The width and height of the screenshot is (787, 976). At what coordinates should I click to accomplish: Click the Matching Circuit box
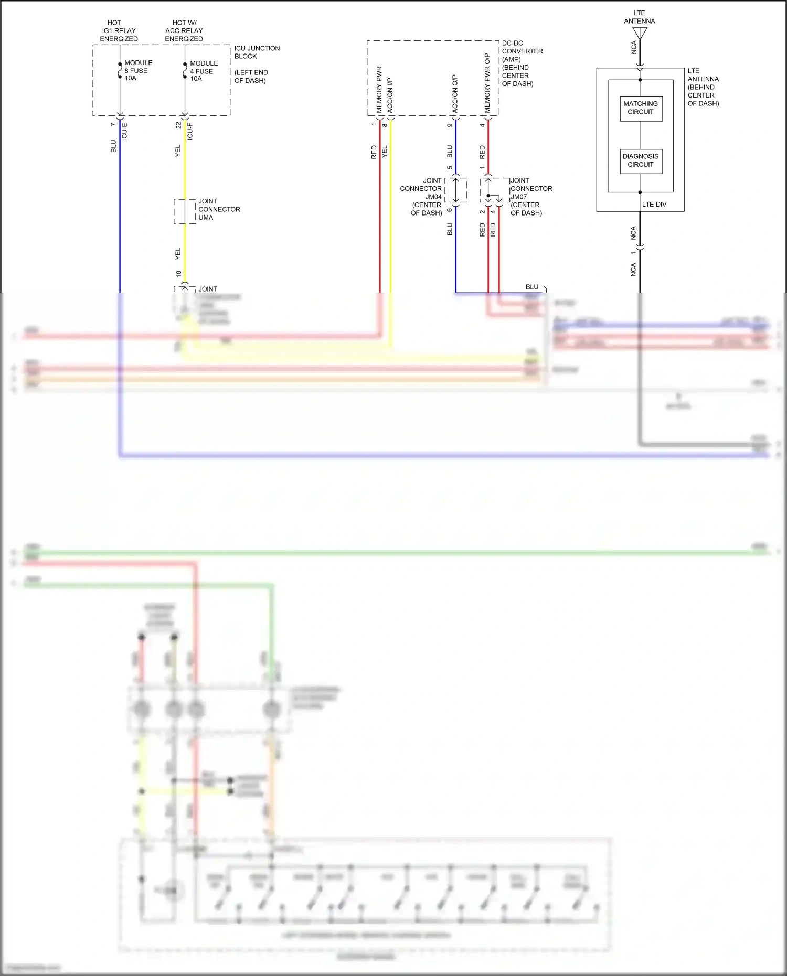tap(641, 108)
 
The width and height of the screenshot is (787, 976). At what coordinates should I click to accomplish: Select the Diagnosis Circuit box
tap(641, 160)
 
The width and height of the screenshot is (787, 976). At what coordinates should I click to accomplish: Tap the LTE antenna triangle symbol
tap(640, 33)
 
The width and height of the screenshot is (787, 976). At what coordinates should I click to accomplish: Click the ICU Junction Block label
tap(257, 52)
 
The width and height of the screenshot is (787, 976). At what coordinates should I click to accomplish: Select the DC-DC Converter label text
tap(522, 47)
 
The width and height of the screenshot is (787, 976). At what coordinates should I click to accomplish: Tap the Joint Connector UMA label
tap(218, 209)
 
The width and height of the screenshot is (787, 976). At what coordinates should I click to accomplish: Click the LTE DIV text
tap(654, 205)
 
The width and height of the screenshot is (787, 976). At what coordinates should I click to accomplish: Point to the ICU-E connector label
tap(124, 131)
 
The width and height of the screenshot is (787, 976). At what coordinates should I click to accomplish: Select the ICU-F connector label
tap(190, 131)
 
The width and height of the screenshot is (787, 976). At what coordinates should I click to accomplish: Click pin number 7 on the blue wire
tap(113, 124)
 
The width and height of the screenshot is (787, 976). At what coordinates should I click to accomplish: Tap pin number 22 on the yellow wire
tap(178, 125)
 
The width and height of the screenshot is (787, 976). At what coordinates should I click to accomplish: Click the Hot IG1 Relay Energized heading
tap(119, 31)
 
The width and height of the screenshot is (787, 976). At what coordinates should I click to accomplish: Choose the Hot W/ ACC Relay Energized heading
tap(184, 31)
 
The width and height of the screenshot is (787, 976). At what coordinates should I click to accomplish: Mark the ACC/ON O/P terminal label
tap(455, 93)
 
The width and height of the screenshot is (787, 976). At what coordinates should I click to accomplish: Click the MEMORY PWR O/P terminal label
tap(487, 83)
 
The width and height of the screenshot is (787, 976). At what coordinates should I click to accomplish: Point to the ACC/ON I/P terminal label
tap(390, 95)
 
